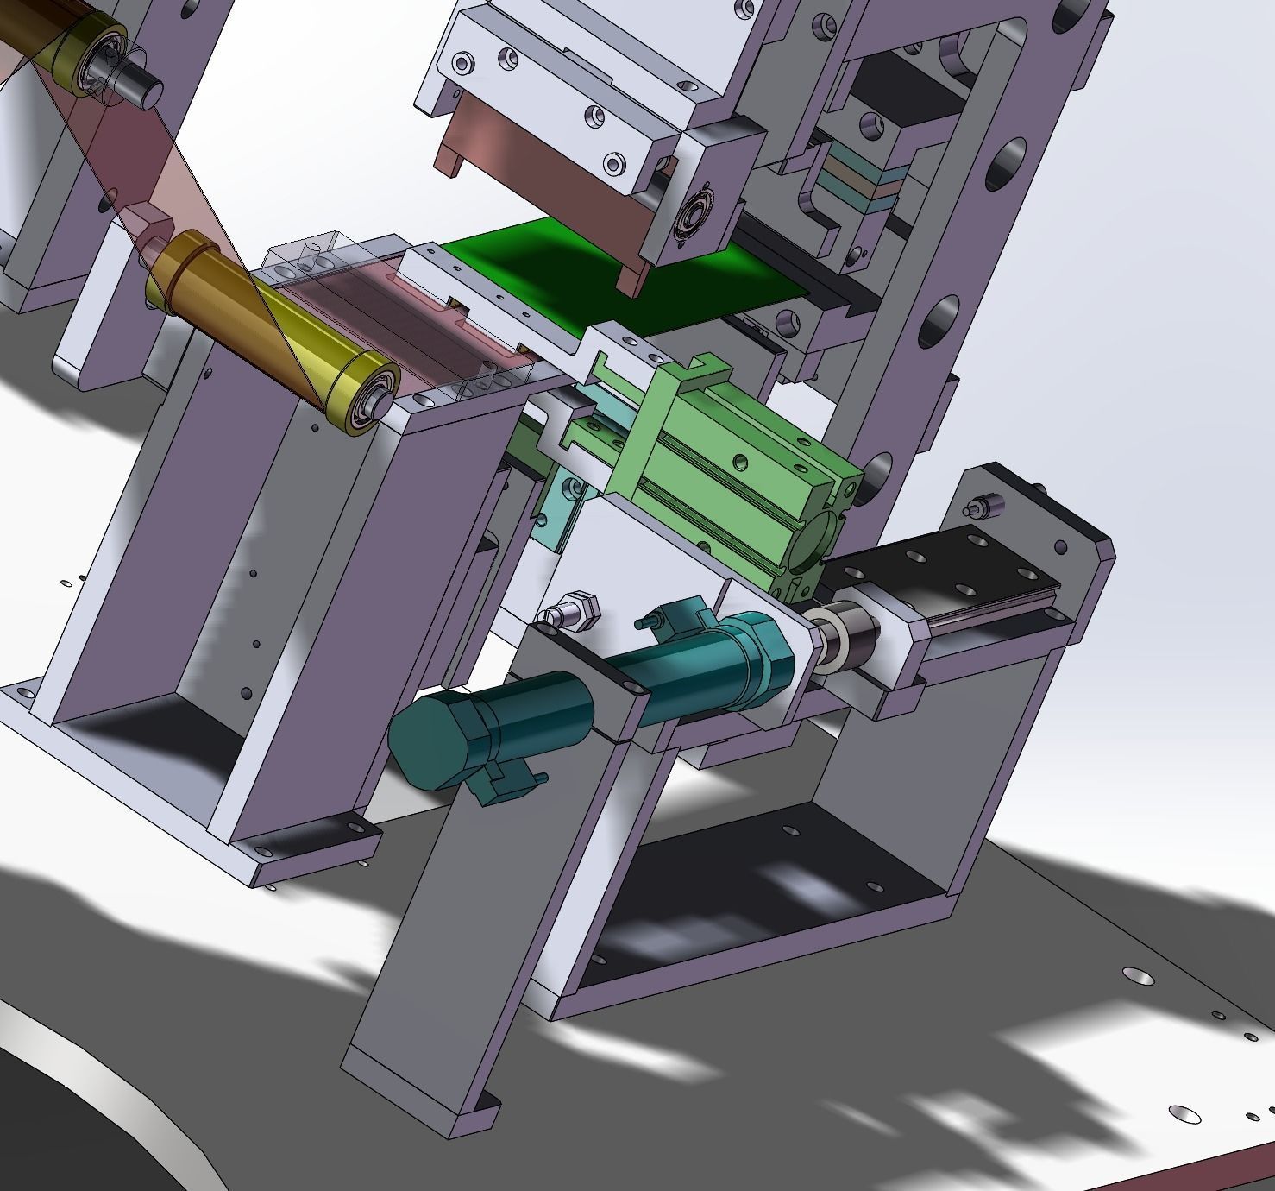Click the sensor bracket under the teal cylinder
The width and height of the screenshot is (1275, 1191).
505,781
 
